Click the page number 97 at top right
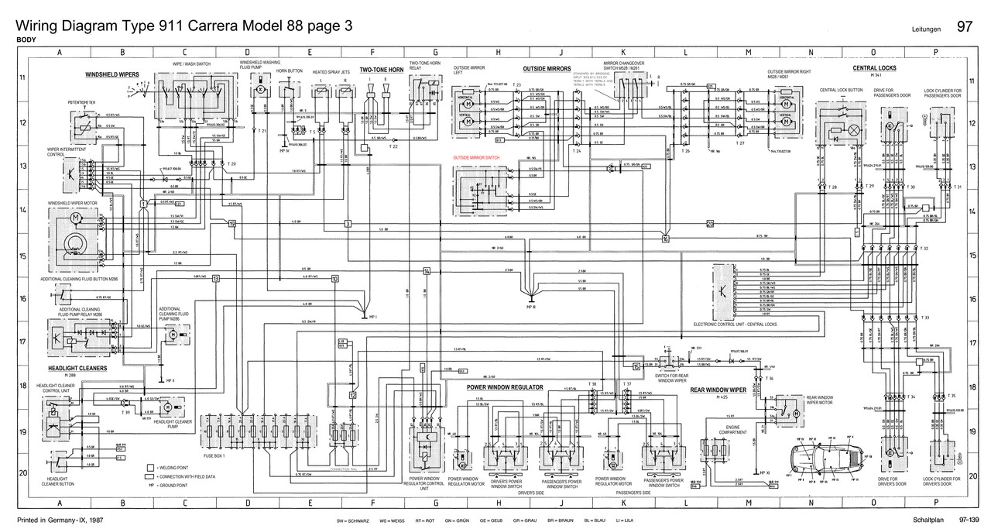[965, 27]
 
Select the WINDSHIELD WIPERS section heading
[112, 75]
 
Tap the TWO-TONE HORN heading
[382, 70]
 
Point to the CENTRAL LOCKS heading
[874, 68]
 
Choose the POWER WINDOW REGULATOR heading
[505, 386]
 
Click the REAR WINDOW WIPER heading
[718, 390]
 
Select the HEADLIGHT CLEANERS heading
[77, 369]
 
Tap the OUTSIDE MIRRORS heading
[547, 69]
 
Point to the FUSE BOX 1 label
[214, 455]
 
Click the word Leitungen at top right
[927, 29]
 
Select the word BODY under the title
[26, 40]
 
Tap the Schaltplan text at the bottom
[927, 519]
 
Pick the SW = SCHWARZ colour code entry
[353, 520]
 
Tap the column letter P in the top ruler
[936, 53]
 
